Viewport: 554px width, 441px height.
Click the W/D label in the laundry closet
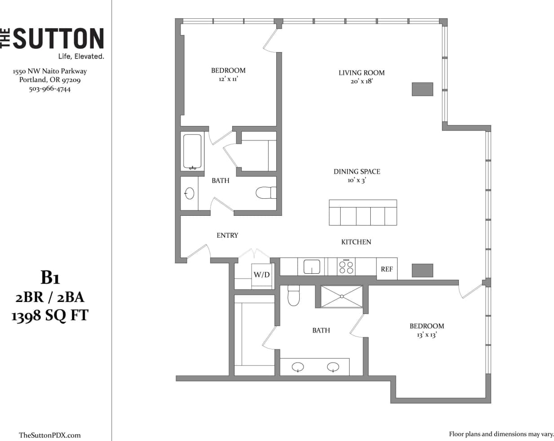click(261, 274)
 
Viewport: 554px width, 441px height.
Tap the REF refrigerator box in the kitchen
click(386, 269)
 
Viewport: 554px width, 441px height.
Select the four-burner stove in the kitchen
click(346, 266)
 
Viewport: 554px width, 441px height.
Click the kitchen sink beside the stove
click(311, 266)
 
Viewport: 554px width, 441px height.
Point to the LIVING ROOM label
click(361, 73)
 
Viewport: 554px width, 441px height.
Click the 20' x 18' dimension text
click(361, 81)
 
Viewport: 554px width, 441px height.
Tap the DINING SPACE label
click(357, 171)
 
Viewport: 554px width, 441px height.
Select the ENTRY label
click(227, 235)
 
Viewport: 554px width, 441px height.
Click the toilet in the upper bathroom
click(265, 193)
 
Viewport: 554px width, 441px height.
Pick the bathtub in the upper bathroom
click(192, 152)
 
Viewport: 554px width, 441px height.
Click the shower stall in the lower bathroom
click(341, 296)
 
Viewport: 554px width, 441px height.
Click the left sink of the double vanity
click(298, 367)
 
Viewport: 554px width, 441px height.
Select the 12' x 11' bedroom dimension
click(228, 79)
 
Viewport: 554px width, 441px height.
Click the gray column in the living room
click(422, 89)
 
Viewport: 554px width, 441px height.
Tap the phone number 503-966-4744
click(50, 89)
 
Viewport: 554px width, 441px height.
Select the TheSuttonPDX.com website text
click(50, 435)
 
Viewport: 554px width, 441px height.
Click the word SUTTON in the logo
click(59, 39)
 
